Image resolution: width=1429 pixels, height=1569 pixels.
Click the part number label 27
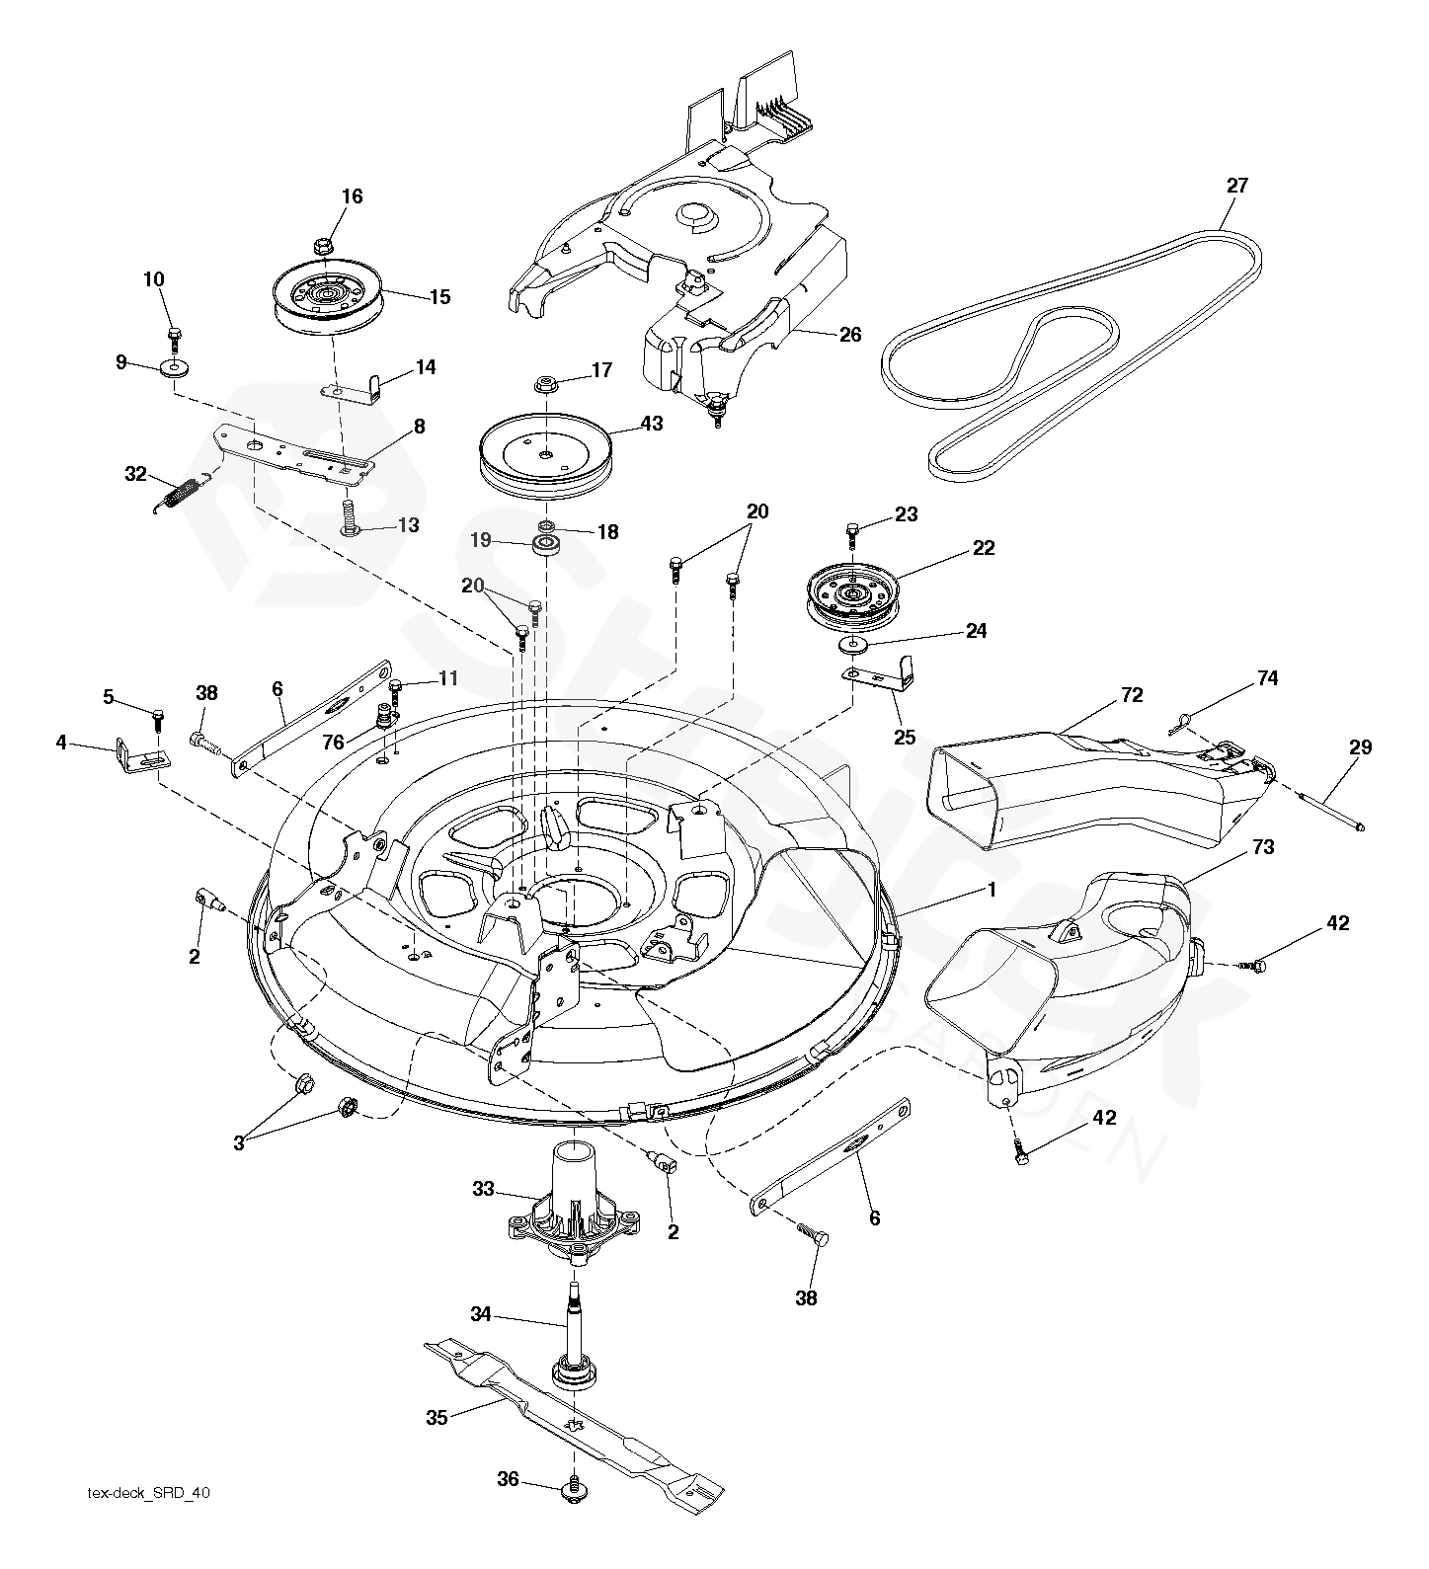pos(1236,185)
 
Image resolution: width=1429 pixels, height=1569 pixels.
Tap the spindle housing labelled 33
pos(573,1210)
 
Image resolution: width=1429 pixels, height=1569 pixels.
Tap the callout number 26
pos(850,334)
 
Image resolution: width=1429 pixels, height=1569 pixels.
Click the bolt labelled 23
pos(852,532)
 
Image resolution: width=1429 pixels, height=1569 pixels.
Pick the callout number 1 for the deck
pos(991,889)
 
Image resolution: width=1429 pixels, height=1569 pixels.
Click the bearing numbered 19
pos(542,544)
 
